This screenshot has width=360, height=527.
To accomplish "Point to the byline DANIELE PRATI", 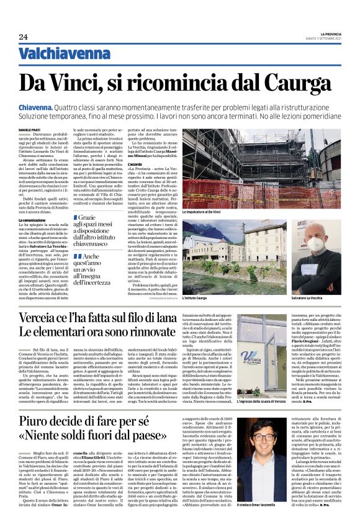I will point(32,129).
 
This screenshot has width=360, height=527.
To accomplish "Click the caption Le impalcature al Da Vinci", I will point(201,213).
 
